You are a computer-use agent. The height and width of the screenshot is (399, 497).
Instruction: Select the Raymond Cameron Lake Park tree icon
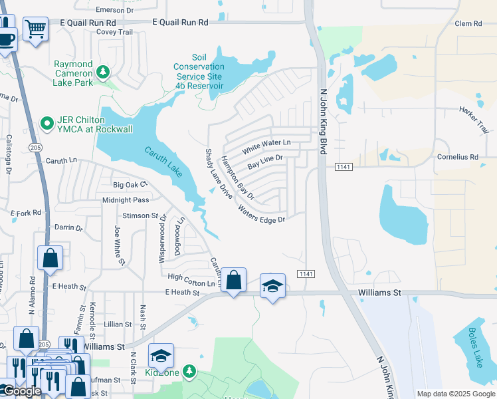[102, 71]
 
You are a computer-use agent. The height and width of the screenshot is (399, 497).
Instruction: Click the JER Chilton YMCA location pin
[47, 123]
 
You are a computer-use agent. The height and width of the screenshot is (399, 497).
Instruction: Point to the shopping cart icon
[35, 29]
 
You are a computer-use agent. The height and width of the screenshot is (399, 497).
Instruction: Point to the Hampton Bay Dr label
[237, 178]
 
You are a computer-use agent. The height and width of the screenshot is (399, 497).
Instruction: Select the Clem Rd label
[468, 23]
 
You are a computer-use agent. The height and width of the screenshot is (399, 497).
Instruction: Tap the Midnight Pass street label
[126, 199]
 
